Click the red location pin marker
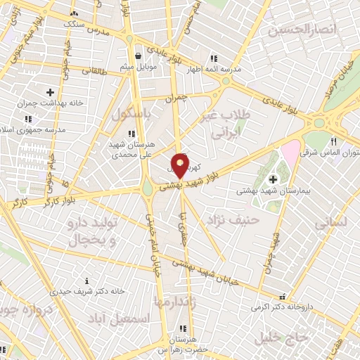[181, 166]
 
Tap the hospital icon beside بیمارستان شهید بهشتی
[273, 181]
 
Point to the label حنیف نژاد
[233, 221]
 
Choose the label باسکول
[127, 114]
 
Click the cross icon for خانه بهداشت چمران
[50, 91]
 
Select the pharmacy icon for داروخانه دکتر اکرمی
[283, 297]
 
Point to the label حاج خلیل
[284, 337]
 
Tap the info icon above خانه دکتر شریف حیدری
[86, 281]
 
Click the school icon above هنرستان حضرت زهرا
[183, 328]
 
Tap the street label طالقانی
[96, 70]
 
